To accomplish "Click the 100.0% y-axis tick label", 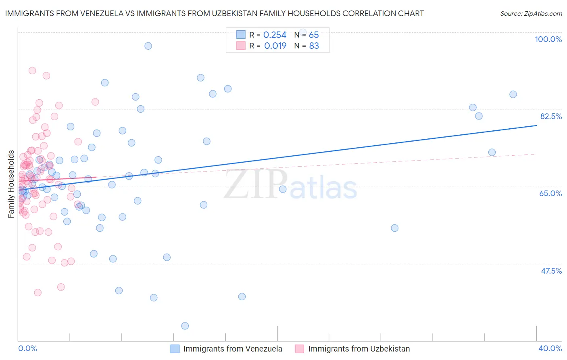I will tap(548, 39).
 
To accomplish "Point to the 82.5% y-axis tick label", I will tap(551, 116).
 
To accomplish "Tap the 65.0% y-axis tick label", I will tap(550, 193).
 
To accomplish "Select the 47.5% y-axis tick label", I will tap(551, 271).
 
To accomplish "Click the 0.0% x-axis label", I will tap(27, 348).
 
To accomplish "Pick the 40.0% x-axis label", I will tap(550, 348).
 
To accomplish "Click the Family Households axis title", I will tap(11, 184).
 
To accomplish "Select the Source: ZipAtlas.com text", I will tap(531, 13).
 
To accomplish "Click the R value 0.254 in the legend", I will tap(275, 35).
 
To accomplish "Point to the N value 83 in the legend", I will tap(314, 46).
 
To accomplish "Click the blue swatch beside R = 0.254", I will tap(241, 35).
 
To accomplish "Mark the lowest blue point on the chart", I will tap(185, 326).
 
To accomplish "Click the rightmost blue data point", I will tap(513, 94).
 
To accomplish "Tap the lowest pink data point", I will tap(38, 293).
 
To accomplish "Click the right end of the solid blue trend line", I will tap(536, 126).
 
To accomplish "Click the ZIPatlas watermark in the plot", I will tap(290, 186).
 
